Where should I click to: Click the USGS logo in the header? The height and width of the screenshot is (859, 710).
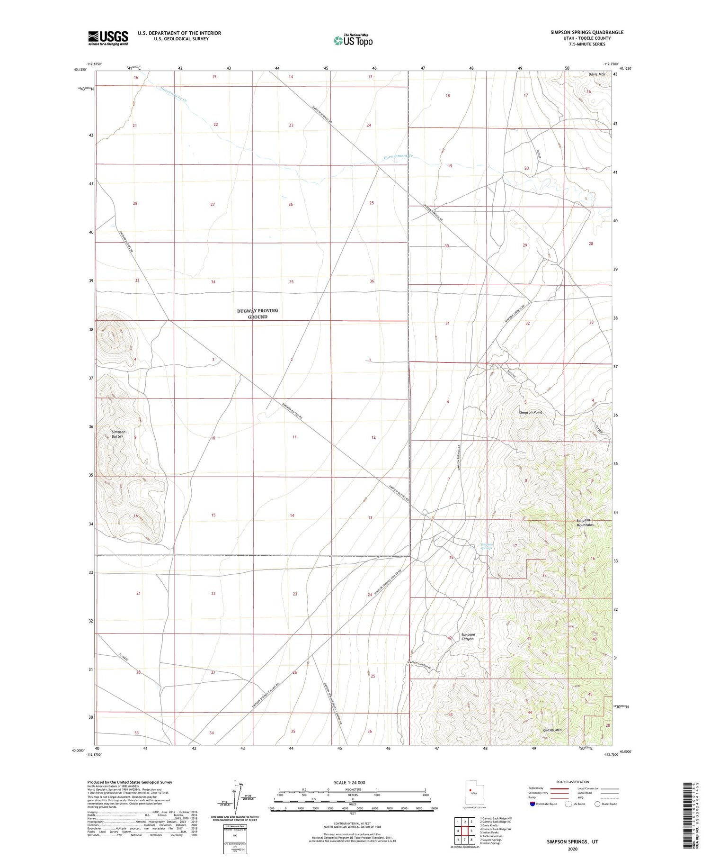(x=108, y=38)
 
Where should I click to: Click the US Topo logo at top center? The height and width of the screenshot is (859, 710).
(x=353, y=40)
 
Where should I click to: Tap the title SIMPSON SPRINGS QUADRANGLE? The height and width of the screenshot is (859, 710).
(x=580, y=32)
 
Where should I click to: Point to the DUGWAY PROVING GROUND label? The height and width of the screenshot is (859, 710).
(x=257, y=314)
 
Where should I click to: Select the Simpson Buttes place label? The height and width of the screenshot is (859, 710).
(x=119, y=434)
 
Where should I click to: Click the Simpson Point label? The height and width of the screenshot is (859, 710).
(x=530, y=412)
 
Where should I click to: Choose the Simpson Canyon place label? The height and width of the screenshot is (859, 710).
(x=468, y=636)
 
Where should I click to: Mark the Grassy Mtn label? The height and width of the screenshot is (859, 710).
(x=552, y=730)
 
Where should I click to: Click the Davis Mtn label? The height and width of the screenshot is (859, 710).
(x=596, y=74)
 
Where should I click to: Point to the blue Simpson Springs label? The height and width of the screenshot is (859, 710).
(x=487, y=546)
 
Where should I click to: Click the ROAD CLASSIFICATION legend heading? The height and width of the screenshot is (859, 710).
(x=573, y=782)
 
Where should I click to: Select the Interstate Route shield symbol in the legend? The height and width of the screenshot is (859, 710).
(x=532, y=804)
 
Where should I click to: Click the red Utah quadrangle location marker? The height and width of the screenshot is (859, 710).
(x=470, y=790)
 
